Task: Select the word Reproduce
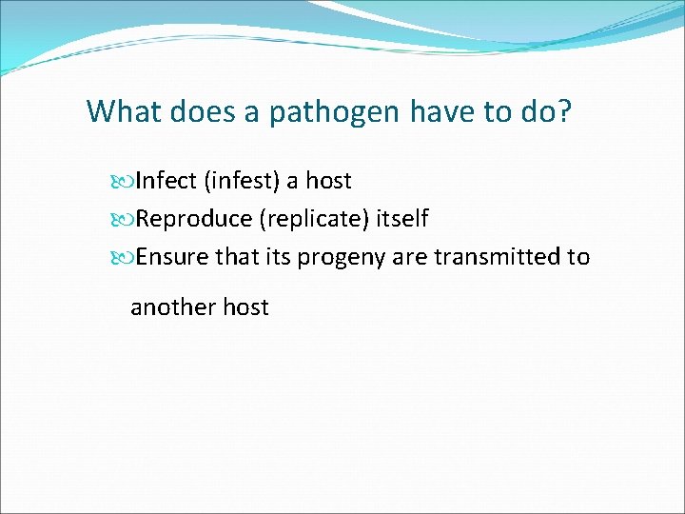point(193,220)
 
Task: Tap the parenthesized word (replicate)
point(313,220)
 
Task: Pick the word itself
point(401,219)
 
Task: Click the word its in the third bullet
point(274,257)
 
